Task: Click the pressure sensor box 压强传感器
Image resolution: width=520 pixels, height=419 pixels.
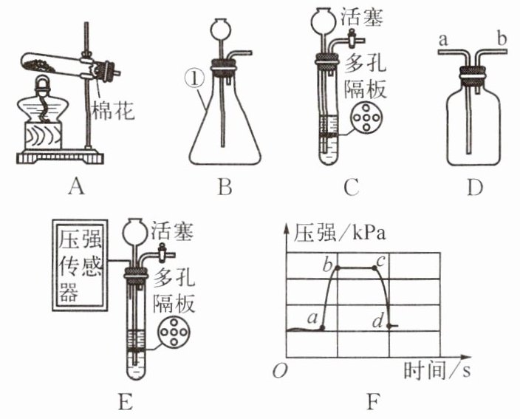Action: (x=79, y=262)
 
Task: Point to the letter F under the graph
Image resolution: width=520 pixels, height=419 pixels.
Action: (x=374, y=403)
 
